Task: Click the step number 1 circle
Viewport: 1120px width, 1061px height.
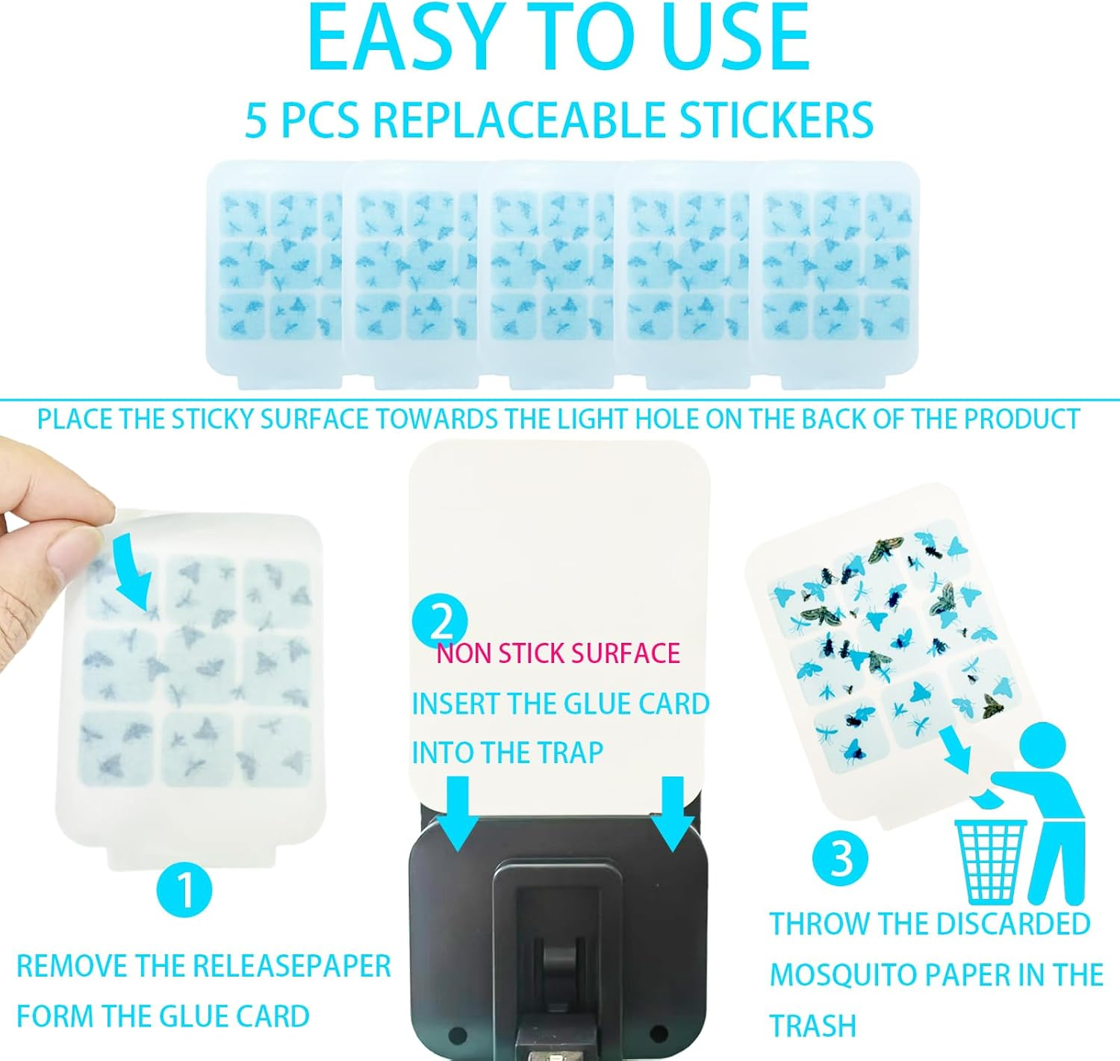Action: tap(184, 889)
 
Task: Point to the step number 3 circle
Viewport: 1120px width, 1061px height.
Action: tap(840, 858)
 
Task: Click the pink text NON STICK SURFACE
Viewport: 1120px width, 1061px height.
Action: tap(558, 653)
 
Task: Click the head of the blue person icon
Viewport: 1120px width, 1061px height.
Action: tap(1042, 747)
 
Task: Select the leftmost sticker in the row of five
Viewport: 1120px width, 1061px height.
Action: tap(273, 273)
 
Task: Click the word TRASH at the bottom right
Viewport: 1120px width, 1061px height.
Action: tap(812, 1026)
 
